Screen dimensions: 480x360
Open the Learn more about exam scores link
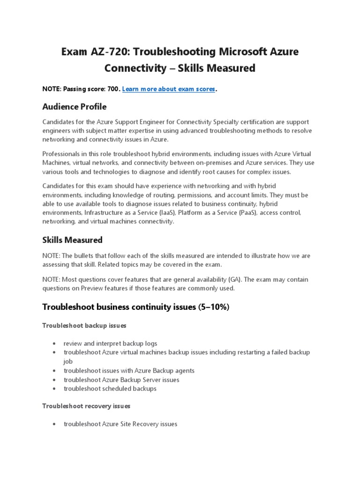(x=168, y=89)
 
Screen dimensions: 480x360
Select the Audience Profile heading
(x=74, y=106)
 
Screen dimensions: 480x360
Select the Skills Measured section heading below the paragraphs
(x=72, y=240)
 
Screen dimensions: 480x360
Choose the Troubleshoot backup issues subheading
(x=84, y=325)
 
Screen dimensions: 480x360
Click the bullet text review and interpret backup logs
(x=110, y=343)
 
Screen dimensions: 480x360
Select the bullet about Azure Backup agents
(x=129, y=370)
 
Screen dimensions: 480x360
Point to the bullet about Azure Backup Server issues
(x=121, y=379)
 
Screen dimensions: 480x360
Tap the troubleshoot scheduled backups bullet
(x=110, y=389)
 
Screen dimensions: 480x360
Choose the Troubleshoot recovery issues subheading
(x=86, y=405)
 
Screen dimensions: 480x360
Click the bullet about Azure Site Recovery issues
(x=120, y=424)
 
